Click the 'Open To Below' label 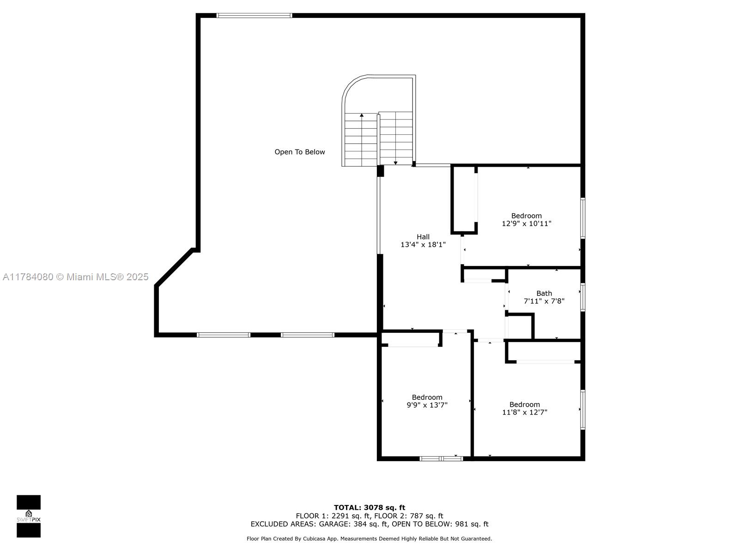pyautogui.click(x=300, y=152)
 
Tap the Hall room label pyautogui.click(x=423, y=237)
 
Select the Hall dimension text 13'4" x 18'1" pyautogui.click(x=423, y=245)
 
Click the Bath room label pyautogui.click(x=544, y=293)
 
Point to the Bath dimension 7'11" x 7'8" pyautogui.click(x=544, y=301)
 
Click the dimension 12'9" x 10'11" pyautogui.click(x=527, y=223)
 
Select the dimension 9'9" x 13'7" pyautogui.click(x=427, y=405)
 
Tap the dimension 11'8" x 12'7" pyautogui.click(x=525, y=412)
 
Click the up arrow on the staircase pyautogui.click(x=362, y=115)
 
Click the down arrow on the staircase pyautogui.click(x=395, y=163)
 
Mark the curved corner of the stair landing pyautogui.click(x=351, y=85)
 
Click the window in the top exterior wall pyautogui.click(x=254, y=16)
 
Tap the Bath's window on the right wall pyautogui.click(x=583, y=297)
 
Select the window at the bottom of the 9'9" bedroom pyautogui.click(x=442, y=458)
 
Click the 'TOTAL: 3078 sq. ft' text pyautogui.click(x=369, y=507)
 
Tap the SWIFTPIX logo pyautogui.click(x=29, y=516)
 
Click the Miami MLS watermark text pyautogui.click(x=76, y=277)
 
